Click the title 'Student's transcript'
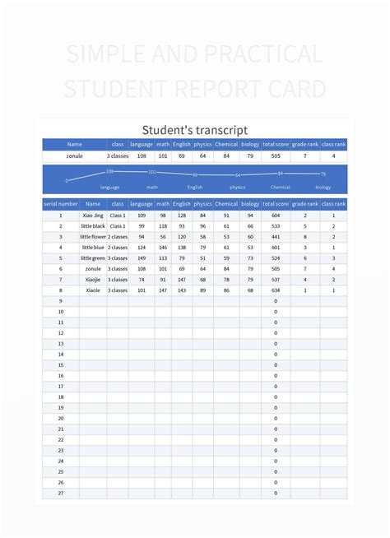195,130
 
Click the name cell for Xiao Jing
93,216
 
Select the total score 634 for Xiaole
276,290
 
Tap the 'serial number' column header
60,203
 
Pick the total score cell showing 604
276,216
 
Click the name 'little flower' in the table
93,237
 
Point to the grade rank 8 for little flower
305,237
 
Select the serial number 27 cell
60,494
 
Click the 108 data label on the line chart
109,171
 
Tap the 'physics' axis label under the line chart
238,188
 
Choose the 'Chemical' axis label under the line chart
281,188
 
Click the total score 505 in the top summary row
276,155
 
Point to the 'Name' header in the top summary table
75,144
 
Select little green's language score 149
142,258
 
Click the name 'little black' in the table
93,226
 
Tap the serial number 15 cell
60,365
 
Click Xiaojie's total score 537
276,280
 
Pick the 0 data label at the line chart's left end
67,180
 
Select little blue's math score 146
163,248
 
